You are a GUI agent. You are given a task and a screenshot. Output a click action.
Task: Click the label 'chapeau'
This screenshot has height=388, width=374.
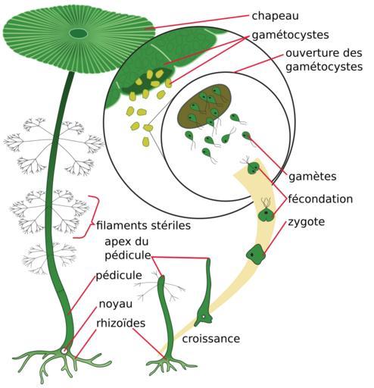tap(275, 16)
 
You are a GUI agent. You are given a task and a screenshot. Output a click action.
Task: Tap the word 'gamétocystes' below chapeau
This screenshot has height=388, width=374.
tap(290, 35)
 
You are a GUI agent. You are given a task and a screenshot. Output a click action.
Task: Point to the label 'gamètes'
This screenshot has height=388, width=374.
tap(312, 177)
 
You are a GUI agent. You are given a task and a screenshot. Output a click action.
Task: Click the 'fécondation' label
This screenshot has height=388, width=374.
tap(320, 199)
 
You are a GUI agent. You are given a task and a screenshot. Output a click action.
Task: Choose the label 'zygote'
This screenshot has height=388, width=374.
tap(307, 222)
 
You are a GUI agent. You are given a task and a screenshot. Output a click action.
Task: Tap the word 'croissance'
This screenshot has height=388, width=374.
tap(211, 339)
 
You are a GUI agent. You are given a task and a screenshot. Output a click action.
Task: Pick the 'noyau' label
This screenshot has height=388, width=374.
tap(116, 304)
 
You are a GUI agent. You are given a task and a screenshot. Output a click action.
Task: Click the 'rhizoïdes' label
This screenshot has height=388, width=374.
tap(121, 324)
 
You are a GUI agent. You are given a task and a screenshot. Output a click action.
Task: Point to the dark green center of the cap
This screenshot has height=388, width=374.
tap(79, 33)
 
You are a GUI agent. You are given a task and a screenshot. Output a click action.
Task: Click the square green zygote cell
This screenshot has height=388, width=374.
tap(256, 255)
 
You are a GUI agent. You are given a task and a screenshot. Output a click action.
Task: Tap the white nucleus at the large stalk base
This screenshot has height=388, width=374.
tap(64, 351)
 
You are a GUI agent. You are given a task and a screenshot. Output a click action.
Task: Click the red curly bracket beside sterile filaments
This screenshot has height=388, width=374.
tap(89, 217)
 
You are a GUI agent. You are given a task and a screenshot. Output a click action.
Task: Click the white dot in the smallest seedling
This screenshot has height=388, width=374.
tap(203, 317)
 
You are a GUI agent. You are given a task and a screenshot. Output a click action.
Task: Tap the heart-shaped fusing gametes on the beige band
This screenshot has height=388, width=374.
tap(266, 214)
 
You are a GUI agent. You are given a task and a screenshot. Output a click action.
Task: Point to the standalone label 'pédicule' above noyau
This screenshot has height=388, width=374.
tap(119, 276)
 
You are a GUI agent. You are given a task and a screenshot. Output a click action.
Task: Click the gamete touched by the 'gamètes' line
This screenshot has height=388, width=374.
tap(246, 135)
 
